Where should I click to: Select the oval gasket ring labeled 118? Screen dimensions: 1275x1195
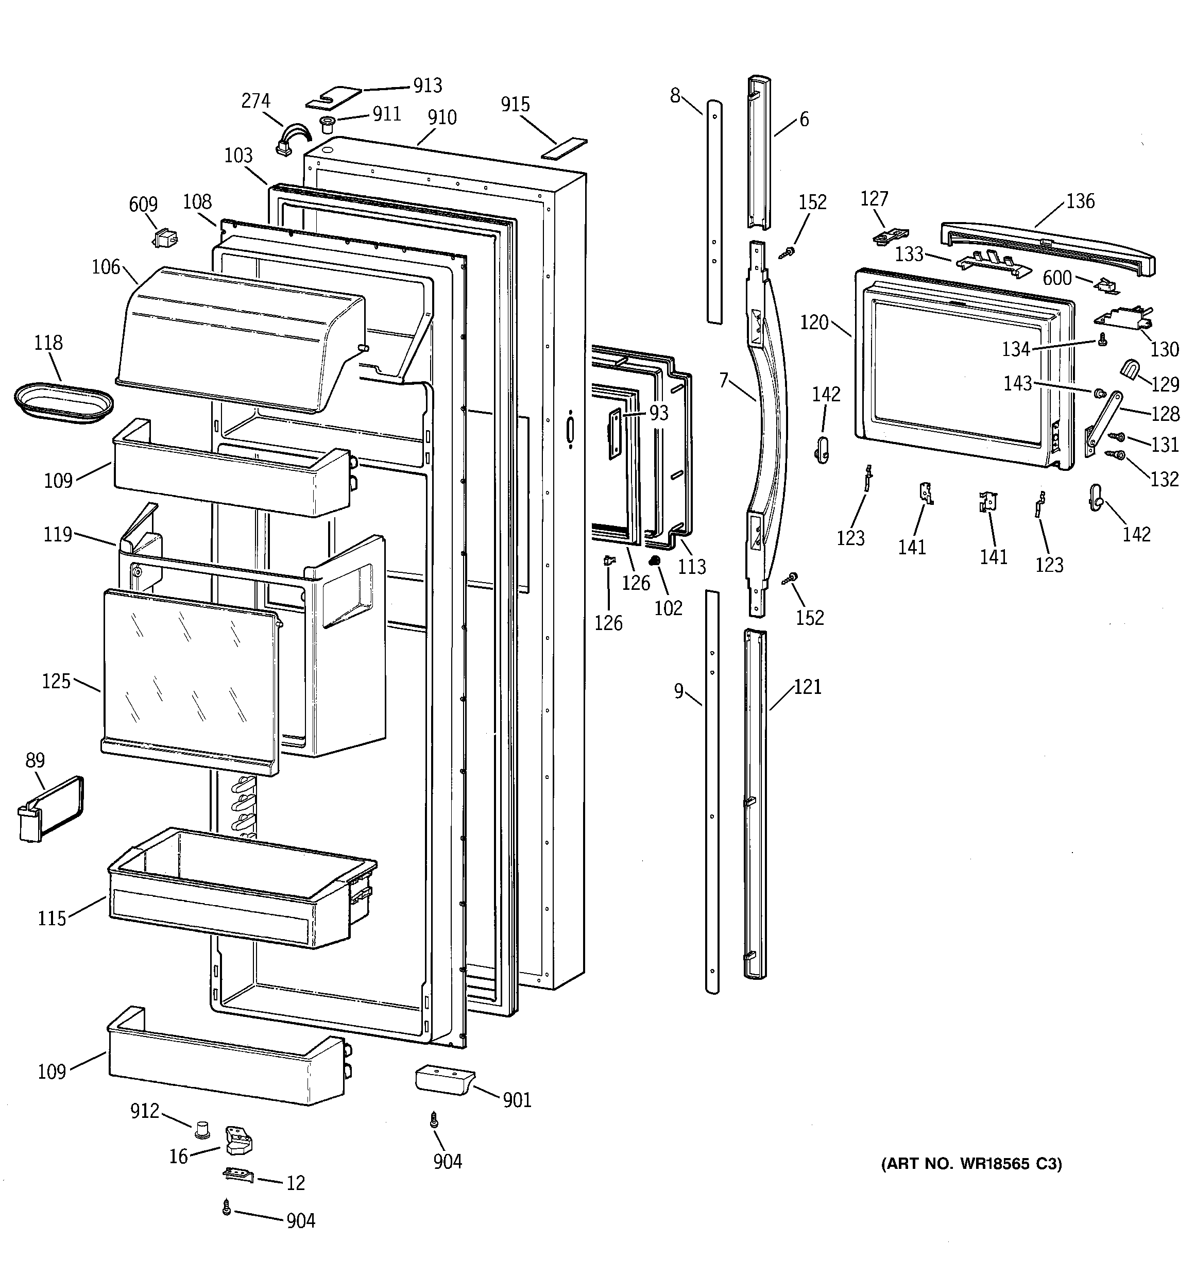[x=64, y=403]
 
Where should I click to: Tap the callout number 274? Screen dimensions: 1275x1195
[x=255, y=100]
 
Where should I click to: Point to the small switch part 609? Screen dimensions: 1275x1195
[x=165, y=239]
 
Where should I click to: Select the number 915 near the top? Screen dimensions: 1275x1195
[x=515, y=104]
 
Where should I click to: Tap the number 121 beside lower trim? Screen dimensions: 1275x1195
[x=807, y=687]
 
